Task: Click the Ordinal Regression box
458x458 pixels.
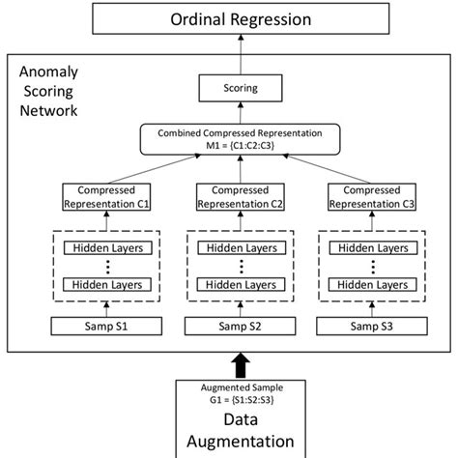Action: [228, 18]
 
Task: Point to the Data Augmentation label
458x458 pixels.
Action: [228, 433]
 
